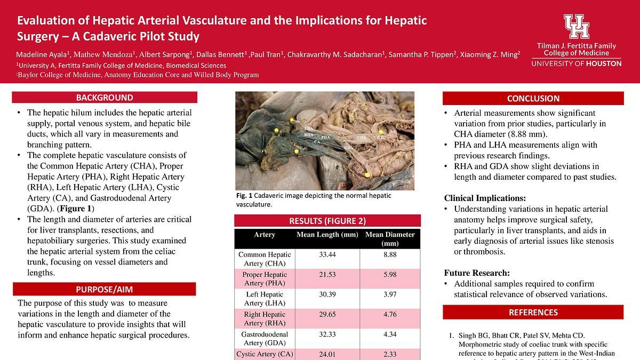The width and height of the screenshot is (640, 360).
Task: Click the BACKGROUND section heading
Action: pyautogui.click(x=105, y=98)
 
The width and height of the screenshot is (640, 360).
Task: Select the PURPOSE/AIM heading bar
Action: pyautogui.click(x=105, y=290)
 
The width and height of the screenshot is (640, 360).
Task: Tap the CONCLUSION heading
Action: pyautogui.click(x=533, y=98)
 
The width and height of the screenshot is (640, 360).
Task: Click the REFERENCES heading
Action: pyautogui.click(x=533, y=313)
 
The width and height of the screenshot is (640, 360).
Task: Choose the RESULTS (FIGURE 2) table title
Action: pyautogui.click(x=327, y=221)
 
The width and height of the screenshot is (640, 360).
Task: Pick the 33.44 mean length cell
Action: pyautogui.click(x=327, y=255)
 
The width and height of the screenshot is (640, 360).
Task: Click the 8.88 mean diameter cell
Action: pyautogui.click(x=390, y=255)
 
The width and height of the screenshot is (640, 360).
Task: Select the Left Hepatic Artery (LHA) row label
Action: pyautogui.click(x=265, y=299)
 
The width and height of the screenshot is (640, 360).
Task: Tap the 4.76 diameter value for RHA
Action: pyautogui.click(x=390, y=314)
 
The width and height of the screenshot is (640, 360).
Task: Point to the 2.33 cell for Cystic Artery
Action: pyautogui.click(x=390, y=354)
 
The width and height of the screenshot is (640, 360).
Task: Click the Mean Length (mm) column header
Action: pyautogui.click(x=327, y=235)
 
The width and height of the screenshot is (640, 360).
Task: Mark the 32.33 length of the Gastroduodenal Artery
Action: pyautogui.click(x=327, y=334)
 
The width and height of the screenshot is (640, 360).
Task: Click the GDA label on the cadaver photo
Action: pyautogui.click(x=348, y=147)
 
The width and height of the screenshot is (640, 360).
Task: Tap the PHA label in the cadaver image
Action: pyautogui.click(x=326, y=138)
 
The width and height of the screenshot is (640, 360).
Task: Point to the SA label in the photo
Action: pyautogui.click(x=393, y=131)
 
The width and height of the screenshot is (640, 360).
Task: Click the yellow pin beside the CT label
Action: pyautogui.click(x=381, y=131)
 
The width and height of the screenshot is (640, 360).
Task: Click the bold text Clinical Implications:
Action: pyautogui.click(x=485, y=198)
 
